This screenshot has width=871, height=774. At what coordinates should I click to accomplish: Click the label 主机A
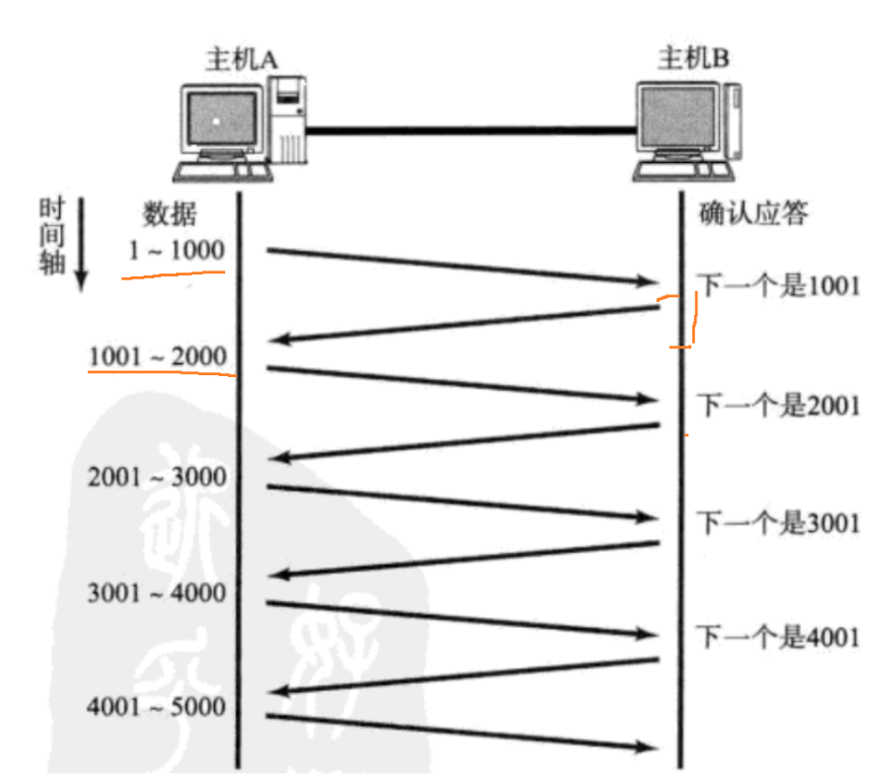click(242, 59)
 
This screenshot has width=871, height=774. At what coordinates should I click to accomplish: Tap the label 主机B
click(694, 57)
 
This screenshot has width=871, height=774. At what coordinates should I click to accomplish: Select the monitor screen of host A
click(222, 117)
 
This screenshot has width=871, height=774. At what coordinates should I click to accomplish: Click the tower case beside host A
click(287, 119)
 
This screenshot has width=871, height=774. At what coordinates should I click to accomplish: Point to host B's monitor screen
click(677, 116)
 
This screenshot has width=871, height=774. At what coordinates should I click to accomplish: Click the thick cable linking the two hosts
click(471, 131)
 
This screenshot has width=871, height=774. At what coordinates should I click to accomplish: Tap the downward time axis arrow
click(82, 244)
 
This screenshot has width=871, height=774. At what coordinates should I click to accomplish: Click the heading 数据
click(170, 214)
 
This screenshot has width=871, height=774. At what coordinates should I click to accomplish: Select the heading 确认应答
click(753, 213)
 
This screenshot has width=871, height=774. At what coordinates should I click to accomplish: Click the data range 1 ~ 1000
click(177, 251)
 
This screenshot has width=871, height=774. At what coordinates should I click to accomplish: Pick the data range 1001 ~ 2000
click(158, 356)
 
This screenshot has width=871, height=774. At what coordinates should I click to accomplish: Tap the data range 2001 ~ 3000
click(157, 477)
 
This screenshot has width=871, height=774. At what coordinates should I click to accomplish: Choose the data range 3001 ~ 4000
click(157, 593)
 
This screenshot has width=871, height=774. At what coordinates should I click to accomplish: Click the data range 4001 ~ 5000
click(156, 707)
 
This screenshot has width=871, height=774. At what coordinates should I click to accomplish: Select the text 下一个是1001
click(779, 286)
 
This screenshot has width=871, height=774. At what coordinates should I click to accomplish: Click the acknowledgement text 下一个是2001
click(779, 406)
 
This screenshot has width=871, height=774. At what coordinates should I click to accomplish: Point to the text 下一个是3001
click(779, 523)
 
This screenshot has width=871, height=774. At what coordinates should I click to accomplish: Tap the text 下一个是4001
click(779, 637)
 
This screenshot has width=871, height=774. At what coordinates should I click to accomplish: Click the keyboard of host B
click(683, 172)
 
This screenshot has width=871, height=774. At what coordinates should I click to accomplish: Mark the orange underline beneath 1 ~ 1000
click(174, 274)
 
